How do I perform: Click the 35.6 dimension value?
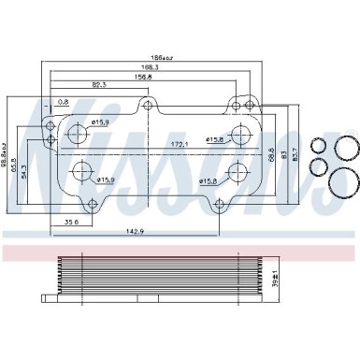coord(69,223)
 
